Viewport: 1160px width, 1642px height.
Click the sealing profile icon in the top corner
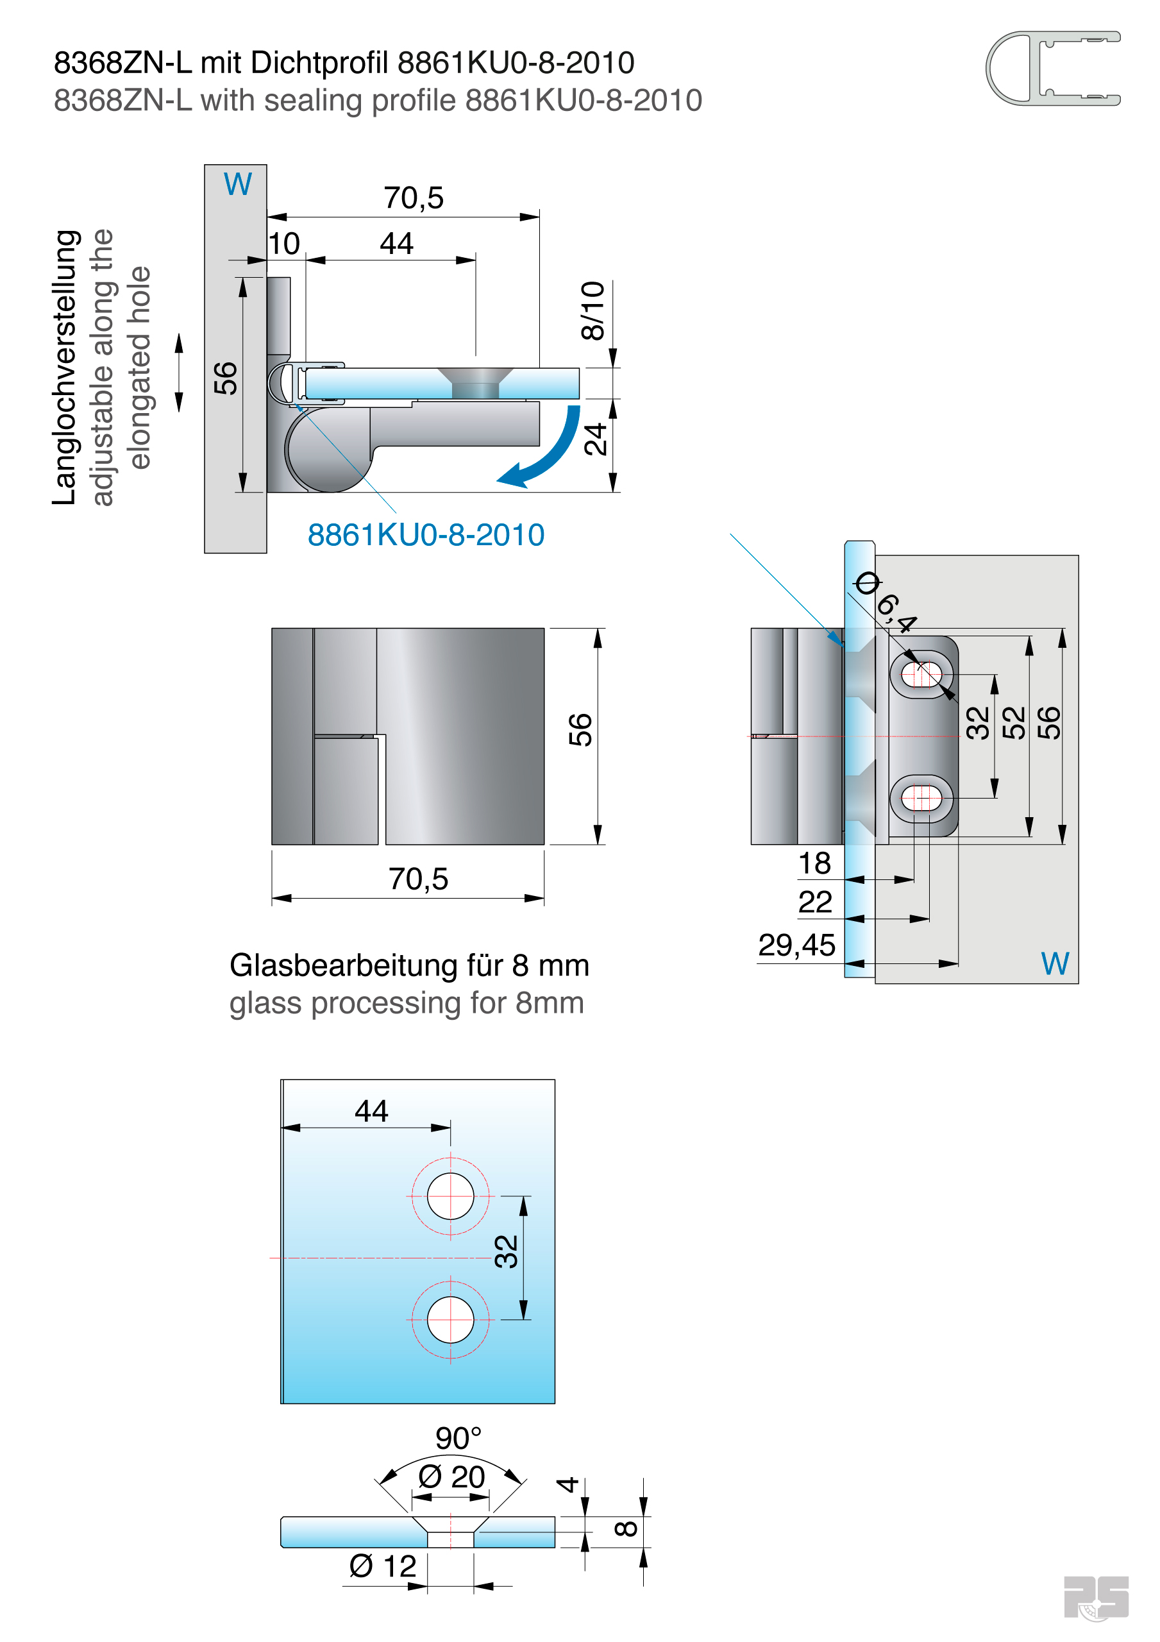pos(1052,69)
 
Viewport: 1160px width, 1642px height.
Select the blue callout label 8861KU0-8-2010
pos(426,535)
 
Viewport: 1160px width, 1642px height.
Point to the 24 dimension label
pos(595,439)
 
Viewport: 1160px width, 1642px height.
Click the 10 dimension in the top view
pos(284,244)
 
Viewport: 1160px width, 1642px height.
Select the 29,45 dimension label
pos(796,945)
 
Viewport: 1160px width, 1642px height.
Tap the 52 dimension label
pos(1013,722)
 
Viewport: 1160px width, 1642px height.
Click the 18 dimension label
pos(814,864)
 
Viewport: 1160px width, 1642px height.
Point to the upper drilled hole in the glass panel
pos(450,1196)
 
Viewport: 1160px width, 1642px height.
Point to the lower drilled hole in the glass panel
pos(450,1319)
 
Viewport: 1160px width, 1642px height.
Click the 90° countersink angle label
pos(458,1438)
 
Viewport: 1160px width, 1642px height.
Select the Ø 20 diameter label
pos(451,1477)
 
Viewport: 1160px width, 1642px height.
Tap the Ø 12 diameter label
pos(382,1566)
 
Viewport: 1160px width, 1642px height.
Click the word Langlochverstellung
pos(64,368)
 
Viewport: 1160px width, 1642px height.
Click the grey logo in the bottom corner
pos(1095,1598)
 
